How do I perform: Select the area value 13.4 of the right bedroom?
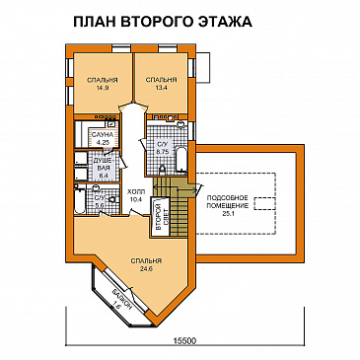point(161,88)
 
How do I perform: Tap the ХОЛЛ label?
point(136,193)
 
